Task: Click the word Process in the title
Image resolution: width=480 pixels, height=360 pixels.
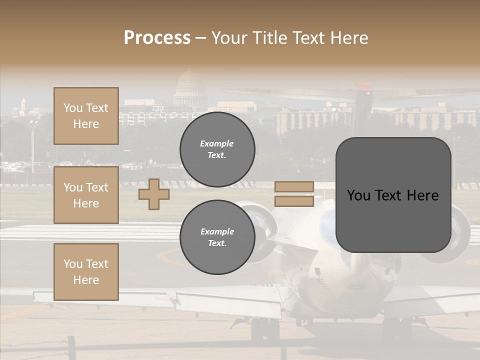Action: point(157,37)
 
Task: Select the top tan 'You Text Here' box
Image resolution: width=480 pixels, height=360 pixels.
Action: point(86,116)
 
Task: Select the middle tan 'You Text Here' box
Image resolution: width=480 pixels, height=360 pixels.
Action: point(86,195)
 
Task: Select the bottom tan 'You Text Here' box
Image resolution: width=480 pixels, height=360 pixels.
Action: point(86,271)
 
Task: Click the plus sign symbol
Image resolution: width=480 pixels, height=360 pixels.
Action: point(154,194)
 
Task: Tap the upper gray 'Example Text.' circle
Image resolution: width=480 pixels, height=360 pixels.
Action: point(217,149)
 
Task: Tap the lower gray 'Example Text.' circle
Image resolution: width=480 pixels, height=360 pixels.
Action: point(217,237)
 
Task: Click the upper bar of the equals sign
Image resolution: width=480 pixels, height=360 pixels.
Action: point(294,187)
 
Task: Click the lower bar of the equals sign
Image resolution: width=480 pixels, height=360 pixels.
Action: point(294,201)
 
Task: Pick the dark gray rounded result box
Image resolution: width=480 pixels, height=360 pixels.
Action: point(393,195)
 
